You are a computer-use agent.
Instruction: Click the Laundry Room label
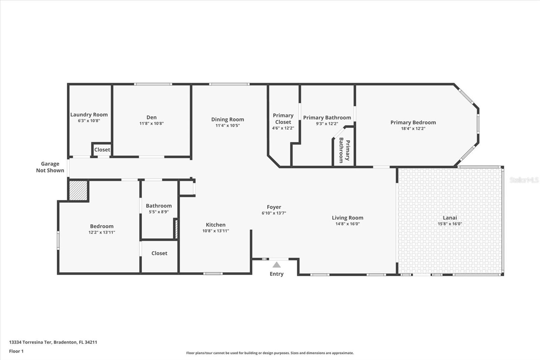[89, 115]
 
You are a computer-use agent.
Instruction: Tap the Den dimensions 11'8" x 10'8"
[152, 124]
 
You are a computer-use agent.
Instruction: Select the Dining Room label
[227, 120]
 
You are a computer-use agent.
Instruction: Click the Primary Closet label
[283, 119]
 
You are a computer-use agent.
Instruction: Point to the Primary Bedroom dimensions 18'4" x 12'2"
[413, 129]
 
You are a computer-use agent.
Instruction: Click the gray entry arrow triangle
[276, 265]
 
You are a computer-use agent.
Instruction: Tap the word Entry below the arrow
[276, 274]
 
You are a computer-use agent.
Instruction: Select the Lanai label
[450, 218]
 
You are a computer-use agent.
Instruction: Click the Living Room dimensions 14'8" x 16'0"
[347, 224]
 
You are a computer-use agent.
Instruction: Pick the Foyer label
[274, 207]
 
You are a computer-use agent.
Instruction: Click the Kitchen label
[216, 225]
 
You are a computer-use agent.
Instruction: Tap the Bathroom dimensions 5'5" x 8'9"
[159, 212]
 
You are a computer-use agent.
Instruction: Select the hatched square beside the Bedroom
[78, 190]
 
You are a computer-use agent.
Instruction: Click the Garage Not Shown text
[50, 167]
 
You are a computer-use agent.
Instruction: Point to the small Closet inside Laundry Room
[102, 150]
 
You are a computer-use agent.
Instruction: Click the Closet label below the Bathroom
[159, 253]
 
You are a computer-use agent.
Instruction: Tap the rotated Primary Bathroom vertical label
[344, 150]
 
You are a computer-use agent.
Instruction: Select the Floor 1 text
[16, 351]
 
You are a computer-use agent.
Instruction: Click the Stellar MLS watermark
[524, 180]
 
